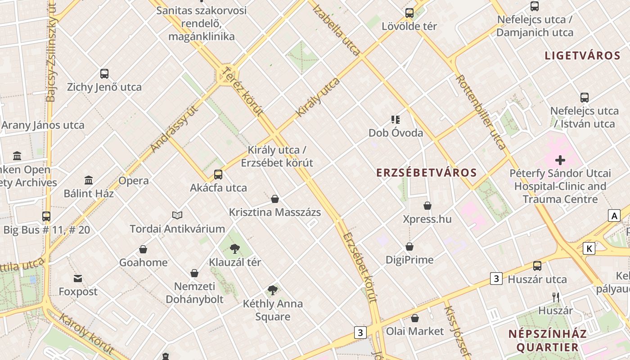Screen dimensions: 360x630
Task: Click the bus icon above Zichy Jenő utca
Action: tap(104, 74)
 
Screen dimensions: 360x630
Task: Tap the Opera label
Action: tap(134, 181)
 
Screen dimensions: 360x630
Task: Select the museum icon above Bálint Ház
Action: tap(89, 180)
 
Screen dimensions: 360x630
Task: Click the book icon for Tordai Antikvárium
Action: tap(177, 216)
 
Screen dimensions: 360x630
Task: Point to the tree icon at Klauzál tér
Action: tap(234, 249)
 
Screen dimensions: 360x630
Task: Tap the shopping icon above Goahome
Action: tap(143, 249)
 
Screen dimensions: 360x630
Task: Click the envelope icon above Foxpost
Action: tap(78, 279)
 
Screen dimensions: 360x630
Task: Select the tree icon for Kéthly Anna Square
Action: tap(272, 290)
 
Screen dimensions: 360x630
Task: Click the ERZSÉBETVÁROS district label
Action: tap(426, 173)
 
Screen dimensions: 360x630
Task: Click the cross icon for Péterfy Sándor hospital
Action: tap(560, 160)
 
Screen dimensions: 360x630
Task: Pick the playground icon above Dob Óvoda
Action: tap(396, 120)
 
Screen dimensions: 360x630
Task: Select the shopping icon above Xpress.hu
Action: tap(427, 206)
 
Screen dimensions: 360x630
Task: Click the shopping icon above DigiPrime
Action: tap(409, 247)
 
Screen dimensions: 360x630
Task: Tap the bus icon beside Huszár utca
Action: tap(537, 266)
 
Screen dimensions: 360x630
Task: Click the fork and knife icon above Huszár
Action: tap(556, 297)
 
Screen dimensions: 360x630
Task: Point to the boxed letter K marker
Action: tap(589, 248)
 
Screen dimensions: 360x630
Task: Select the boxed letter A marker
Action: tap(614, 216)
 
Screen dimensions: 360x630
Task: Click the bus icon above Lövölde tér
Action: tap(409, 13)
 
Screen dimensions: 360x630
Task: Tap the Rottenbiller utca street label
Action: tap(481, 112)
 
